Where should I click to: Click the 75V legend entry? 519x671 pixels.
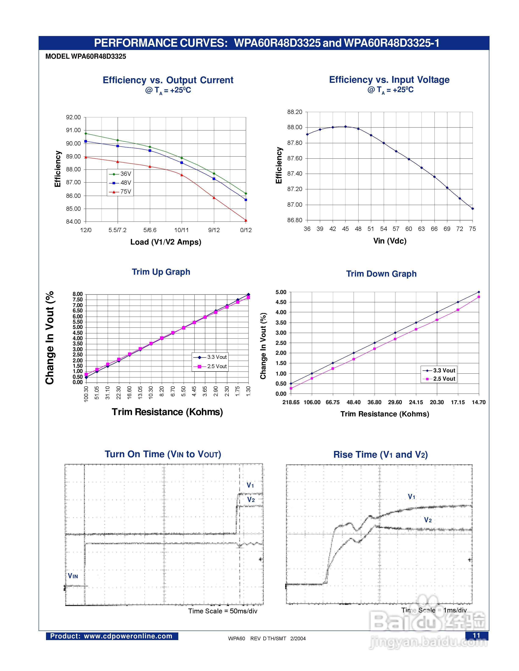[120, 192]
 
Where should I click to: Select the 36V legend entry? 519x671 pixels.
[120, 174]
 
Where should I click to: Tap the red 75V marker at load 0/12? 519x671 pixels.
[246, 220]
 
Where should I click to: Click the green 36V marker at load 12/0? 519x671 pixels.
[86, 134]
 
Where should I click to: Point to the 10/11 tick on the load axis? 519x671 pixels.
[181, 230]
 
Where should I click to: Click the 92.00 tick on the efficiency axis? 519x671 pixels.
[73, 117]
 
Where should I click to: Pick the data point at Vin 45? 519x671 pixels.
[346, 127]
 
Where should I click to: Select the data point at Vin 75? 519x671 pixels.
[473, 209]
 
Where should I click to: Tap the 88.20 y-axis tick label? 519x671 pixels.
[294, 112]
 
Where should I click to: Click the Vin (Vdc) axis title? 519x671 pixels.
[389, 241]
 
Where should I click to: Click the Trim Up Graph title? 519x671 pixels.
[161, 272]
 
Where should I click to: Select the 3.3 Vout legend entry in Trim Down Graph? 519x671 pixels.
[439, 370]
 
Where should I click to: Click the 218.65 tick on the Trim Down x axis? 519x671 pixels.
[291, 402]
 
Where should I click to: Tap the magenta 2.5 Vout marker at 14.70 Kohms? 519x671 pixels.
[479, 297]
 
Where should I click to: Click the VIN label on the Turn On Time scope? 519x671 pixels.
[73, 576]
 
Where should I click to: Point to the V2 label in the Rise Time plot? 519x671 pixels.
[428, 520]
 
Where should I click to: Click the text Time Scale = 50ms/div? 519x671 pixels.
[223, 611]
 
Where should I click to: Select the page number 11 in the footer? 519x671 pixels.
[476, 635]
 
